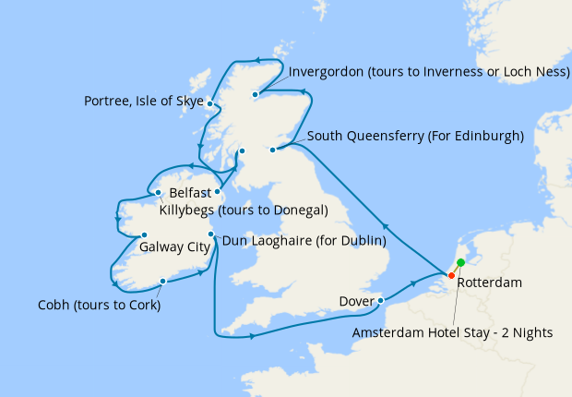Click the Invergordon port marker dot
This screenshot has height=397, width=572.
255,93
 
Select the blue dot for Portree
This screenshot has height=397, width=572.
210,103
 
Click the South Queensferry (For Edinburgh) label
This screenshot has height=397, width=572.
415,136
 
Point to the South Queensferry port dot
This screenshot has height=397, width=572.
273,150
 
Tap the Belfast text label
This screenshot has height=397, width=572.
190,195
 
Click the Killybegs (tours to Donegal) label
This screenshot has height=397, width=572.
244,211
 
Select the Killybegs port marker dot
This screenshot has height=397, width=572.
159,193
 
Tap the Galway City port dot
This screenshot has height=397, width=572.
145,235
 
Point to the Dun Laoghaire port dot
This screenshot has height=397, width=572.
211,235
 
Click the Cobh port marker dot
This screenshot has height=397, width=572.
162,282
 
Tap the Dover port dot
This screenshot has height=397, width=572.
381,300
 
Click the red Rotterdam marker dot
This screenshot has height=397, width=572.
451,275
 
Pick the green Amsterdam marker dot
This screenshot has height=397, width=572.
460,263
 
